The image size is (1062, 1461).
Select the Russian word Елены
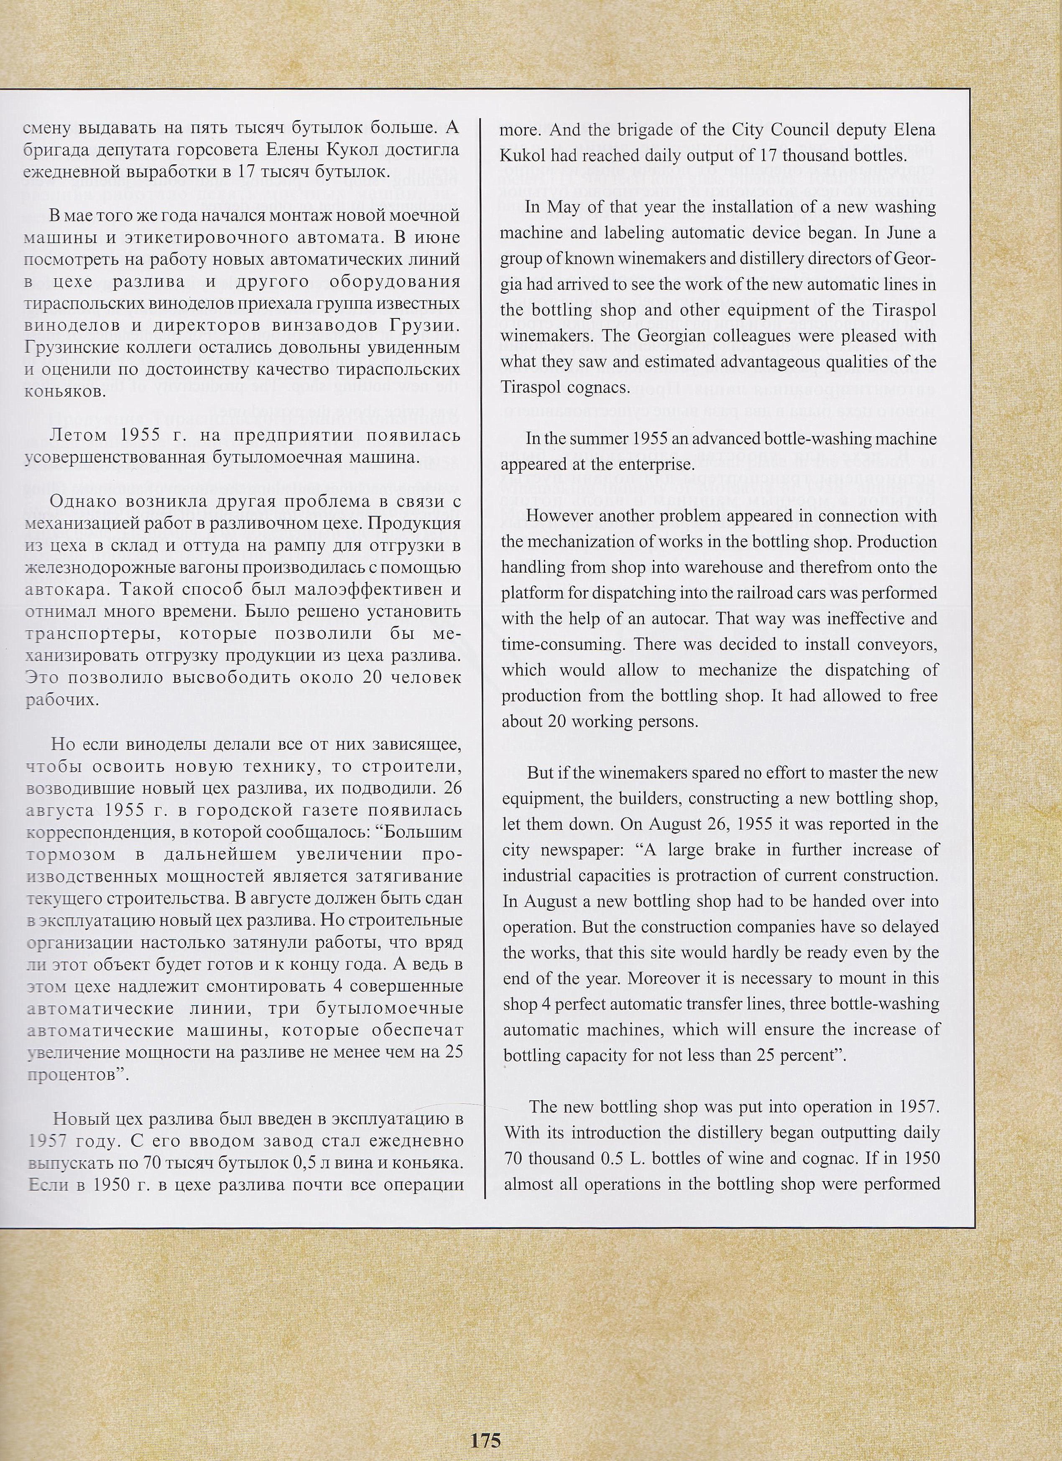point(291,151)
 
